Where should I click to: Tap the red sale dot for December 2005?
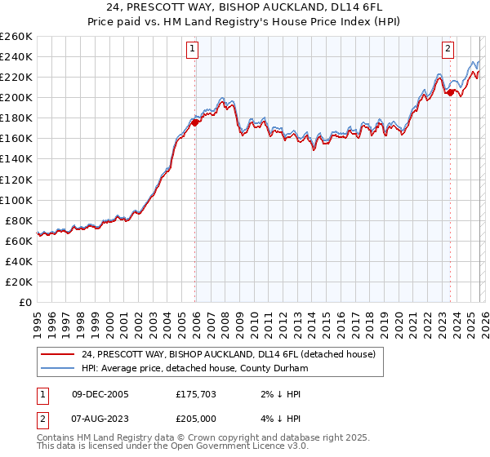point(195,122)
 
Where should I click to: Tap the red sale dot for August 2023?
point(450,92)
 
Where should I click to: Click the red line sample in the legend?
point(57,354)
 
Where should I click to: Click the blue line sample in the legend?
point(57,369)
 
